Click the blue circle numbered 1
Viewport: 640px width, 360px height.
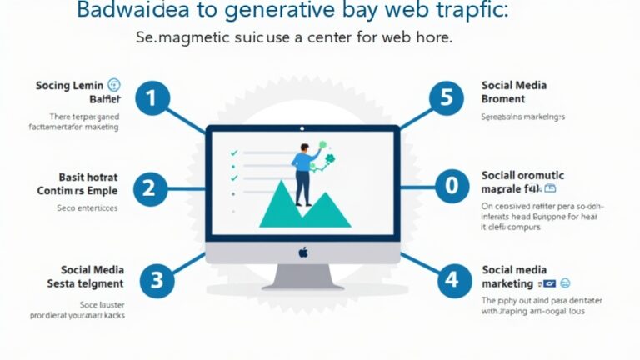click(151, 99)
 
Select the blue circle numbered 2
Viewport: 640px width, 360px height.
click(148, 188)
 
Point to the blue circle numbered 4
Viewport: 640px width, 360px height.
click(451, 278)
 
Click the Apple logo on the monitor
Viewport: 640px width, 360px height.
click(303, 250)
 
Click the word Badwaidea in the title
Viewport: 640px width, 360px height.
click(128, 12)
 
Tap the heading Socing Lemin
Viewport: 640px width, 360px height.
click(70, 85)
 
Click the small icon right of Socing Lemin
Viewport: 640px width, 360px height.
click(114, 85)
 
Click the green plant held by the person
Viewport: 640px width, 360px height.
click(328, 160)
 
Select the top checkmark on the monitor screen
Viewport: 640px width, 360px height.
click(234, 152)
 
